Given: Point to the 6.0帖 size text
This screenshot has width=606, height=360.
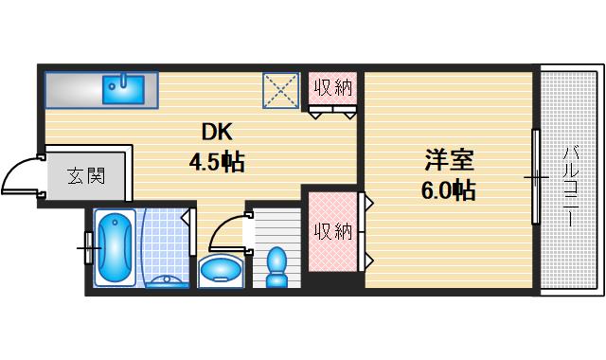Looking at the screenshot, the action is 447,190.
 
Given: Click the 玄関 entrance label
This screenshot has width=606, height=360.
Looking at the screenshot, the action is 85,175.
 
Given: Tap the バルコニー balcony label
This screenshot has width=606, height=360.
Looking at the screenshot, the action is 571,185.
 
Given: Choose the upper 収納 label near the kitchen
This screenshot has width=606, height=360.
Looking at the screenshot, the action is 333,88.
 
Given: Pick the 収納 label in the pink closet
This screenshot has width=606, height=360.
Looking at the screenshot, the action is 333,230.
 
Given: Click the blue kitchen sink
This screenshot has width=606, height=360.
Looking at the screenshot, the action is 122,88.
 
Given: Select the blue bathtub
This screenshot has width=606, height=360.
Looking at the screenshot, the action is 114,248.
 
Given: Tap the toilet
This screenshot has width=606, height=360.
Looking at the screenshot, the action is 277,266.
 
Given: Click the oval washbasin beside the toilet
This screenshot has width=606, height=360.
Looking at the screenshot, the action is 222,270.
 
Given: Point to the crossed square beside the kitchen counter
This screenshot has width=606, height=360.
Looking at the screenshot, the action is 280,91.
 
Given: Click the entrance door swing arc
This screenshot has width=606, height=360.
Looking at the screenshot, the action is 19,175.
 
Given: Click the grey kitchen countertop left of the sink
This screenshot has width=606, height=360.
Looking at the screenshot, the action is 71,89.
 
